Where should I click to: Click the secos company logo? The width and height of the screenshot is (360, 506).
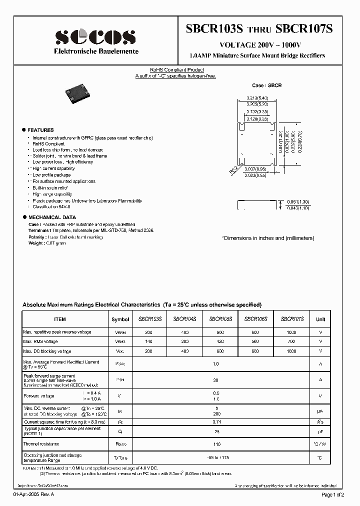point(94,36)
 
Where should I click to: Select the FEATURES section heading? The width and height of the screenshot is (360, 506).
point(40,130)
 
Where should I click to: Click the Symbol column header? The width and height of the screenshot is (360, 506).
point(120,319)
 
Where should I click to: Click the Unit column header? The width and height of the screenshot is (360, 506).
point(320,319)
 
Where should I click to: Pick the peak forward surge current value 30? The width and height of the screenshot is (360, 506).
point(215,380)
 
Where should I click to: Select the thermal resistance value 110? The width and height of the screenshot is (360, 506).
point(215,444)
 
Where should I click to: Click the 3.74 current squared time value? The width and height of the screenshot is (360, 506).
point(215,421)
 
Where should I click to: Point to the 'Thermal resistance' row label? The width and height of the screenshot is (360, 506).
point(41,444)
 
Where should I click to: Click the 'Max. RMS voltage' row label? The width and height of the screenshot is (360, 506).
point(40,341)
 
